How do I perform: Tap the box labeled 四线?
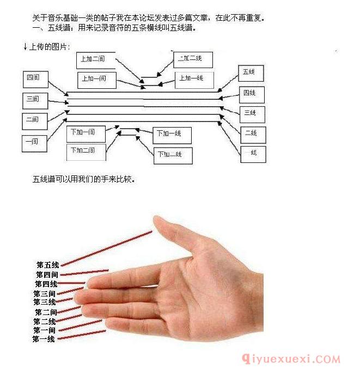[x=251, y=94]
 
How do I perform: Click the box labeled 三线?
[x=252, y=113]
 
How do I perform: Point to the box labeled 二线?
[x=252, y=134]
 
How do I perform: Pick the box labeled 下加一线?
[x=171, y=134]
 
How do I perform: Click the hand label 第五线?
[x=48, y=265]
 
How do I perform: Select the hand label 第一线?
[x=44, y=339]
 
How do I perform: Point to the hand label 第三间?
[x=44, y=294]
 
